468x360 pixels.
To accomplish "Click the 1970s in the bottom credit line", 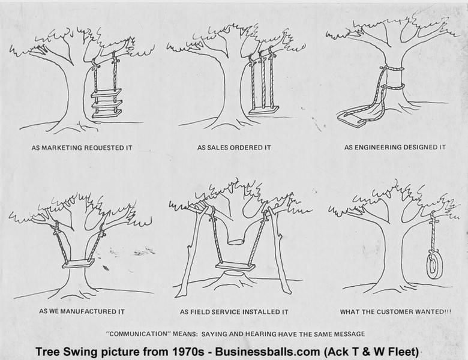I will point(157,350).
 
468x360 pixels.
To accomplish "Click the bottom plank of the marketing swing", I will point(106,112).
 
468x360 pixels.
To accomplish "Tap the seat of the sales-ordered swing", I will point(264,110).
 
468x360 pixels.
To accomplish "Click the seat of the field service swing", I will point(235,266).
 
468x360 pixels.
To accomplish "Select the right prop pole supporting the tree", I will point(278,252).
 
